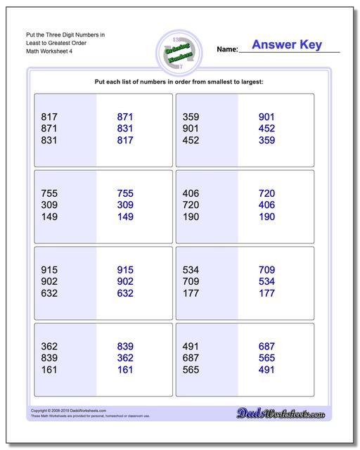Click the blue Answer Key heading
[x=287, y=45]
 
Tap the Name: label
[x=227, y=50]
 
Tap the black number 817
[x=50, y=117]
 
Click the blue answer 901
[x=266, y=117]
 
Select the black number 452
[x=191, y=140]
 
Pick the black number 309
[x=50, y=205]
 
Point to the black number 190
[x=191, y=217]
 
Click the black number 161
[x=50, y=370]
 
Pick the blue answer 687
[x=266, y=347]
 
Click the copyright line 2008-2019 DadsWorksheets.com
[x=63, y=411]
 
